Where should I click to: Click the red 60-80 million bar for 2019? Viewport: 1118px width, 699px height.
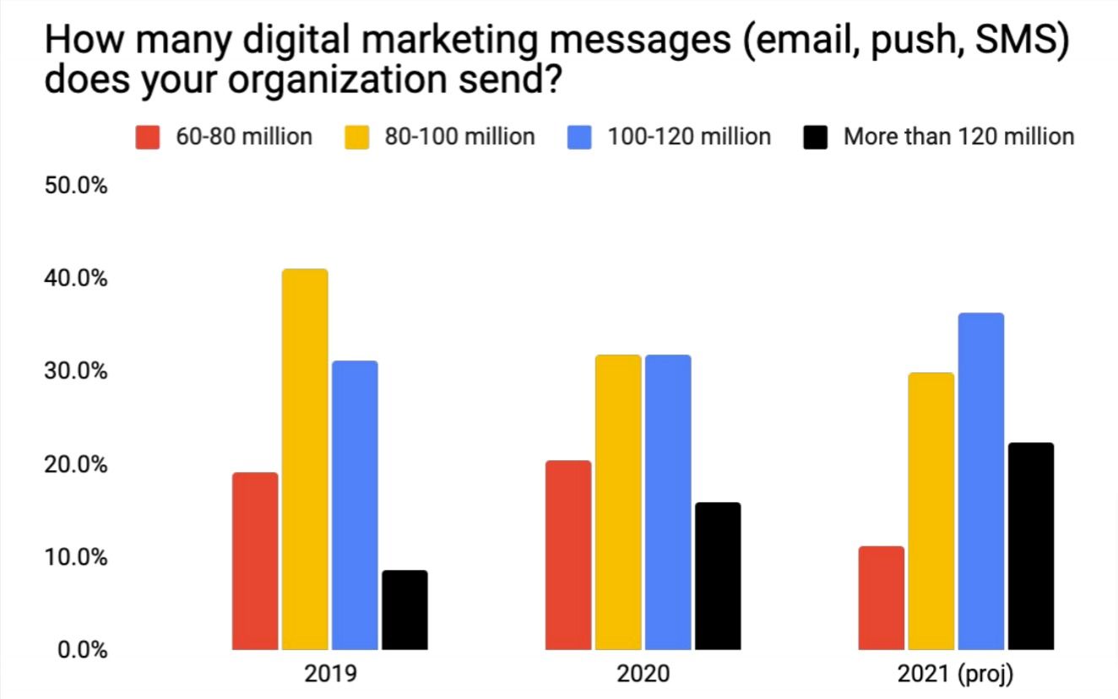point(255,561)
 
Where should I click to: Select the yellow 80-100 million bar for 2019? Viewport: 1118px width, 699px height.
point(305,460)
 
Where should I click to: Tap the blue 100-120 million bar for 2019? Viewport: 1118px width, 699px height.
point(355,506)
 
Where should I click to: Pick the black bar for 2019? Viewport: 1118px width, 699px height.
point(404,610)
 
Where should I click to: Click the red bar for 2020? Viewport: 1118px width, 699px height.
point(568,555)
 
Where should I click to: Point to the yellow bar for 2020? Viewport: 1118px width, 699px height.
point(618,502)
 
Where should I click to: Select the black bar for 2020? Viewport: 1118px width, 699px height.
point(718,577)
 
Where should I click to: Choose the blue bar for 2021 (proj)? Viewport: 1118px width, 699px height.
point(981,481)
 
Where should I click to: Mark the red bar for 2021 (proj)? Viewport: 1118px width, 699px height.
point(882,599)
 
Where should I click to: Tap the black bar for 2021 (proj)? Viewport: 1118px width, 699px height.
point(1031,546)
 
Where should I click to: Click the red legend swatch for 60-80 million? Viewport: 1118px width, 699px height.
point(148,137)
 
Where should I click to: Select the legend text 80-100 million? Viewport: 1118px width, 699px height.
point(459,137)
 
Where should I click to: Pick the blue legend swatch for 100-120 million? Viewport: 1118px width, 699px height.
point(579,137)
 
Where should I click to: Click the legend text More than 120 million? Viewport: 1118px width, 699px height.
point(958,137)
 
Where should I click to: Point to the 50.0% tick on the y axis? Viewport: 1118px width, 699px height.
point(75,186)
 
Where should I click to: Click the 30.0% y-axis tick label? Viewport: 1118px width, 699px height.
point(75,371)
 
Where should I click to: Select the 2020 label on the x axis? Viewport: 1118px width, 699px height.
point(643,675)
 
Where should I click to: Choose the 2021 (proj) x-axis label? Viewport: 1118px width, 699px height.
point(956,675)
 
